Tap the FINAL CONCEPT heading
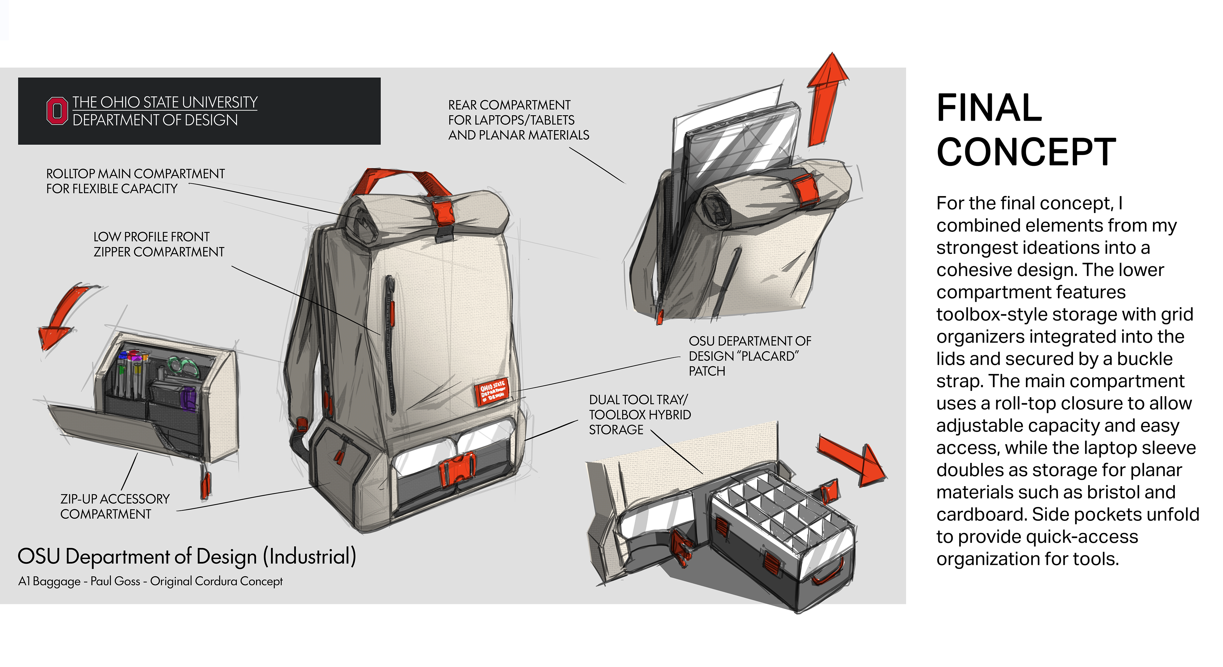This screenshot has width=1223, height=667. click(x=1026, y=129)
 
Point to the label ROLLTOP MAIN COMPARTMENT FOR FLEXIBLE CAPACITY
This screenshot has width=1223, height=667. click(x=135, y=181)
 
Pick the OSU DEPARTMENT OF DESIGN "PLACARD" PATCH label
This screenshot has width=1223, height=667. click(x=749, y=356)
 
